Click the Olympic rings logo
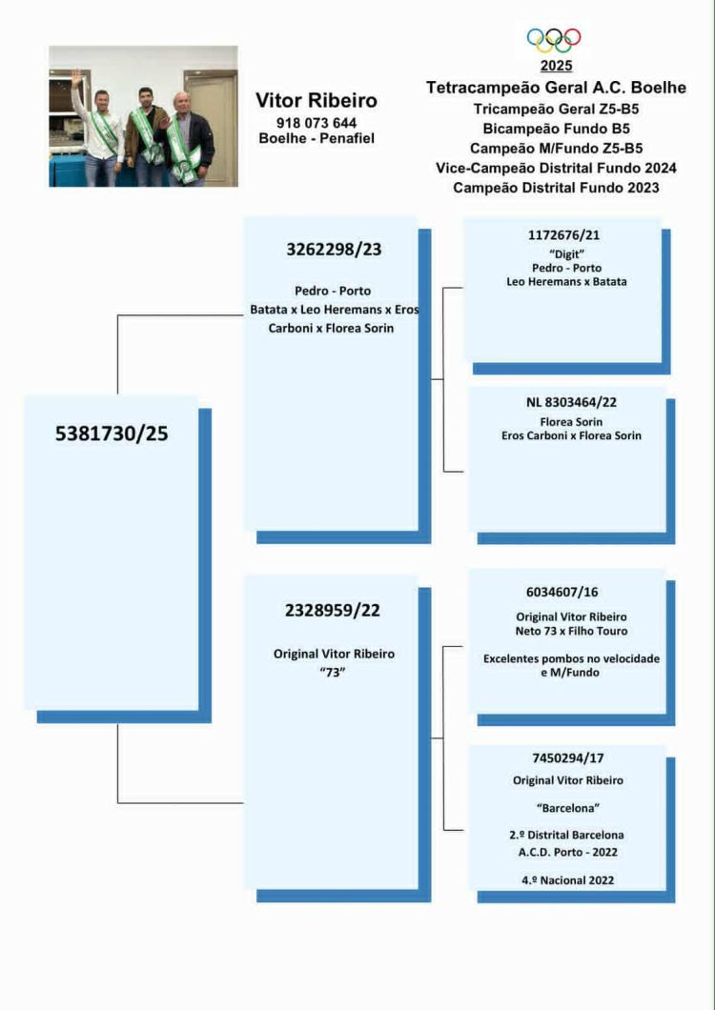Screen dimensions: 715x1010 [554, 40]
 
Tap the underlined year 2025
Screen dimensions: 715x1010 [556, 66]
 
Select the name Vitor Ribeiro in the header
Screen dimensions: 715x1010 [316, 100]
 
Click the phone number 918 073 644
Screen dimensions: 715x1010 [316, 122]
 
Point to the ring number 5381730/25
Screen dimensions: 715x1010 [112, 434]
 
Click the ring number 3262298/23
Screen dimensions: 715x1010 [334, 250]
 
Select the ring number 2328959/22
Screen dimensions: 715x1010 [333, 610]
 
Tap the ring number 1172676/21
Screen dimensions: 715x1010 [563, 235]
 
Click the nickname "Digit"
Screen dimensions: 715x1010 [566, 254]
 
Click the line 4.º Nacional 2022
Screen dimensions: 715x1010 [568, 879]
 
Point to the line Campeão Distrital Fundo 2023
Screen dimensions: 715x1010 [556, 188]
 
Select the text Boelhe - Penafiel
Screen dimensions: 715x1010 [316, 138]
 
